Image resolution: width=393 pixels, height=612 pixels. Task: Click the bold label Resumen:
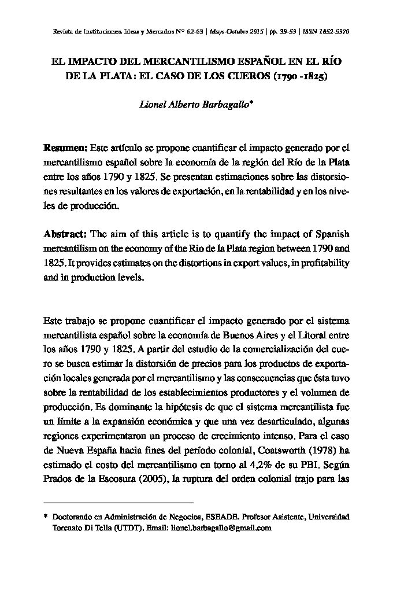pyautogui.click(x=65, y=148)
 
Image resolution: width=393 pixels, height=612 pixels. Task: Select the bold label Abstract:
pyautogui.click(x=65, y=234)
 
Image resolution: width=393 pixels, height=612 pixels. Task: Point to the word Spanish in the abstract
pyautogui.click(x=332, y=234)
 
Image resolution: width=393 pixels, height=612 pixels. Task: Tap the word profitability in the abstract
pyautogui.click(x=322, y=263)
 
